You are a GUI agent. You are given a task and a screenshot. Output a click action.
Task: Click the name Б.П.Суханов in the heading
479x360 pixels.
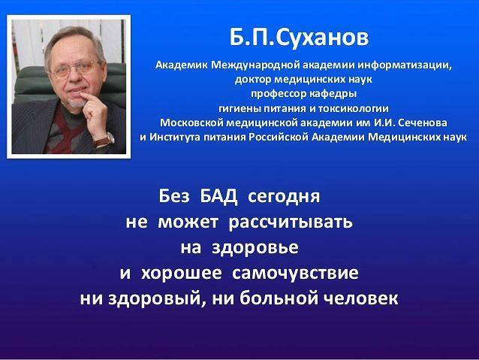(299, 38)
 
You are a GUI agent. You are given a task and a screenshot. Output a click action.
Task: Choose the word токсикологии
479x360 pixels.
(354, 108)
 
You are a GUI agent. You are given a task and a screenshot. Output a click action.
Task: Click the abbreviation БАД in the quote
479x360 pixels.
(218, 196)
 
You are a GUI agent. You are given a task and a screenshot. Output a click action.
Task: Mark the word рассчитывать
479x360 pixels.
(291, 222)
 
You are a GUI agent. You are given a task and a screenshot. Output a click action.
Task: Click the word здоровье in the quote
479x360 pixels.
(255, 248)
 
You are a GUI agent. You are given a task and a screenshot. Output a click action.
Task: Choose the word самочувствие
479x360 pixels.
(295, 273)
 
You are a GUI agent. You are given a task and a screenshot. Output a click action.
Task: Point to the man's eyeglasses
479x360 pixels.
(77, 69)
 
